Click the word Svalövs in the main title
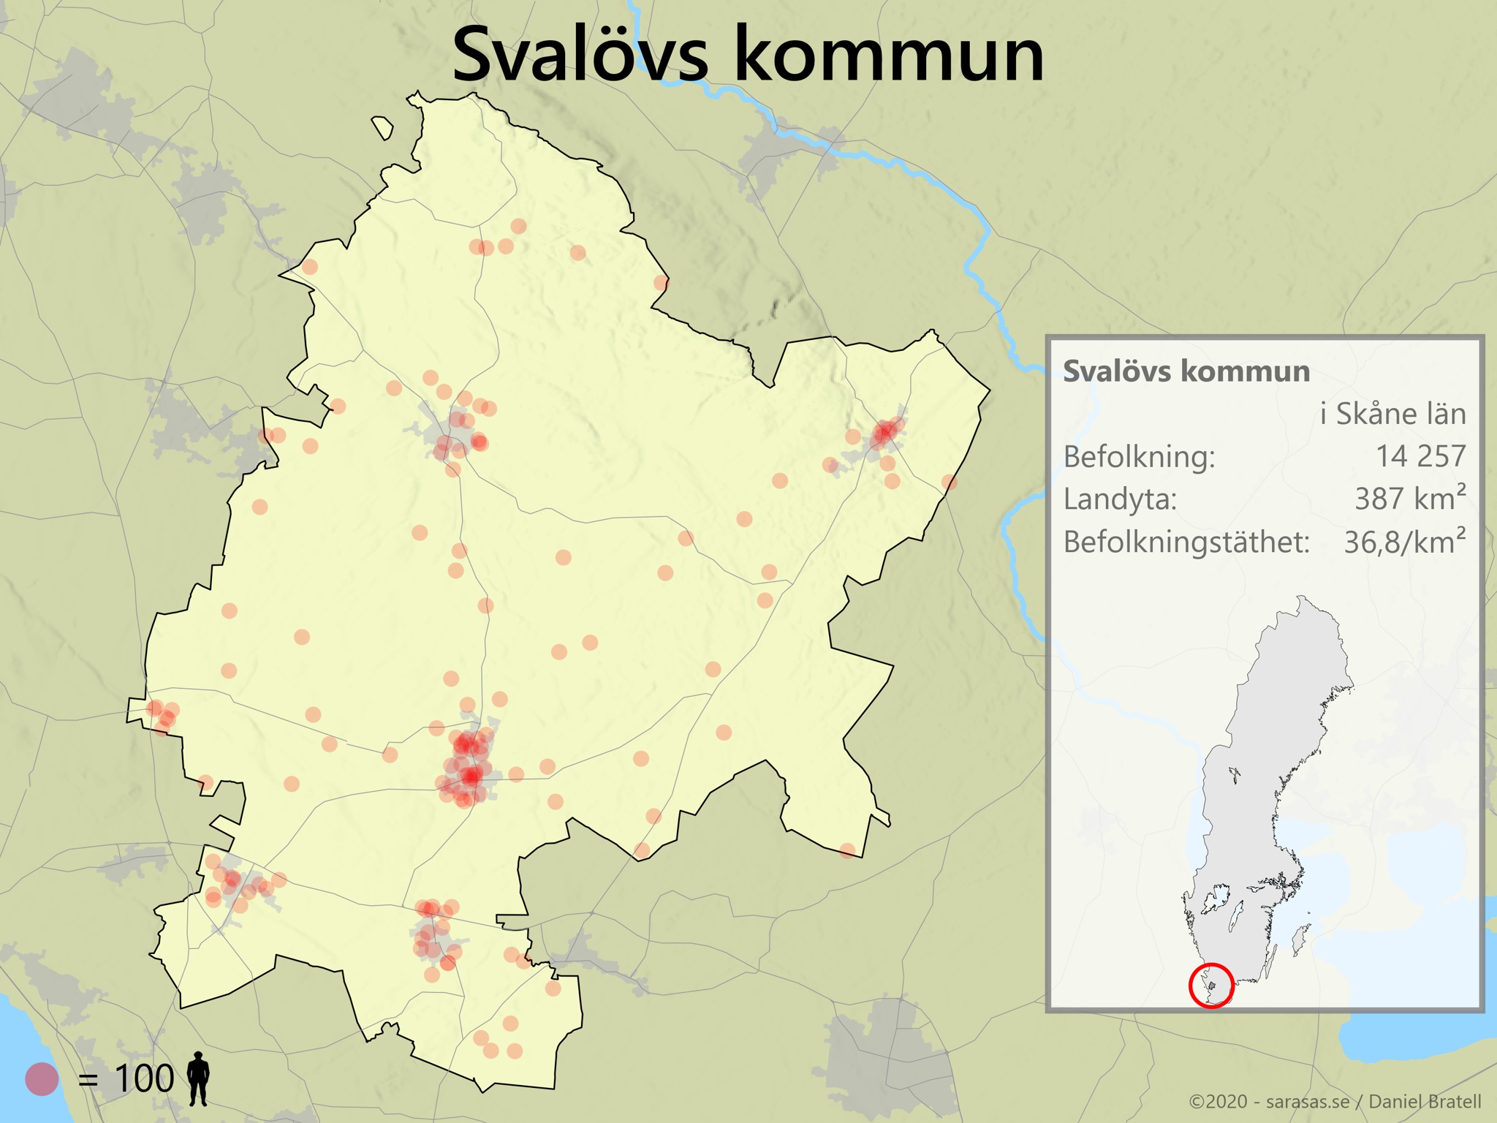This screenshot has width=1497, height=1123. [580, 56]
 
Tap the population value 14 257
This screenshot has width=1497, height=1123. [1420, 456]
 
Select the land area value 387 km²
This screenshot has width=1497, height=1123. [1410, 499]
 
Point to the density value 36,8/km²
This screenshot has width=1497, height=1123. [1404, 542]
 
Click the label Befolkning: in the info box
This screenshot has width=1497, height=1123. [1139, 457]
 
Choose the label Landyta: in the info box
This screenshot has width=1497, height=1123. [1120, 499]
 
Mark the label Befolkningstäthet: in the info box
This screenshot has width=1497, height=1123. [1186, 542]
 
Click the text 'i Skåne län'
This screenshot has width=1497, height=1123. [1392, 414]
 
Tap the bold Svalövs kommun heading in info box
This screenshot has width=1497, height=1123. [1186, 371]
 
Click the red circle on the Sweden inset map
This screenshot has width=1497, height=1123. [1211, 985]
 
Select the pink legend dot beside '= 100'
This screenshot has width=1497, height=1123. [42, 1078]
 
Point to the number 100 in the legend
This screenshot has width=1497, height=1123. [144, 1078]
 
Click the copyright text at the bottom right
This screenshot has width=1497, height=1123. [1335, 1102]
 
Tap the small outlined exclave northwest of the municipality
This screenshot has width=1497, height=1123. [382, 128]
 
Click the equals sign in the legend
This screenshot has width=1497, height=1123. [88, 1080]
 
